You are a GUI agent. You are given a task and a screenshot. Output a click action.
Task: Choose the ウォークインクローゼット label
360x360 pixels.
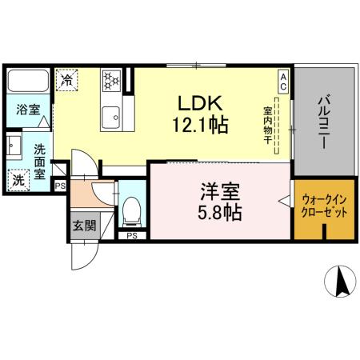(x=324, y=207)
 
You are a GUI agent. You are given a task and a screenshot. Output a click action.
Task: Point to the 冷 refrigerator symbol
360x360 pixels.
(x=69, y=79)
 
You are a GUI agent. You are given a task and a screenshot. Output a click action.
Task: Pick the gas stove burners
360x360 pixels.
(x=110, y=79)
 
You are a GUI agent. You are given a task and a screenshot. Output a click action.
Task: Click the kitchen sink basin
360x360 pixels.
(x=111, y=115)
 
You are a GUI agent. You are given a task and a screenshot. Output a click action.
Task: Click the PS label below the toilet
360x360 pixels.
(x=131, y=235)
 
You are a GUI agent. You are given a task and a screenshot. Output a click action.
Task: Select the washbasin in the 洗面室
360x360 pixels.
(x=14, y=146)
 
